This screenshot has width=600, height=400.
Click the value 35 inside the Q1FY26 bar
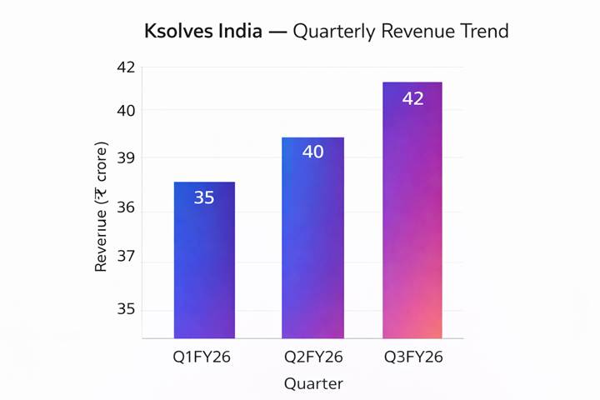coord(204,197)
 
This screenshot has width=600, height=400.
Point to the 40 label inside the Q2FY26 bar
coord(312,152)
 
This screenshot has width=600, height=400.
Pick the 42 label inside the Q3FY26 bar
coord(412,98)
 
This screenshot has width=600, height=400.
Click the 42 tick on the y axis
coord(125,67)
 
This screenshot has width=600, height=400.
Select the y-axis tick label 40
coord(125,110)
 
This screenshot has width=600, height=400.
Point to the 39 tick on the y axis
coord(125,157)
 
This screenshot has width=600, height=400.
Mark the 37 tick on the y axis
coord(125,257)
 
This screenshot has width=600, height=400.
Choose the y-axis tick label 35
coord(125,310)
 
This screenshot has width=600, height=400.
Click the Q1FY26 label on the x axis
coord(202,358)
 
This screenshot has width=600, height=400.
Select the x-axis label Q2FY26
coord(312,358)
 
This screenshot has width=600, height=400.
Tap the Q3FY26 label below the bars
coord(413,358)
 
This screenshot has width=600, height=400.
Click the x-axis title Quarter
coord(312,384)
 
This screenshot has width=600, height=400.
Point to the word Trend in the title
coord(479,32)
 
